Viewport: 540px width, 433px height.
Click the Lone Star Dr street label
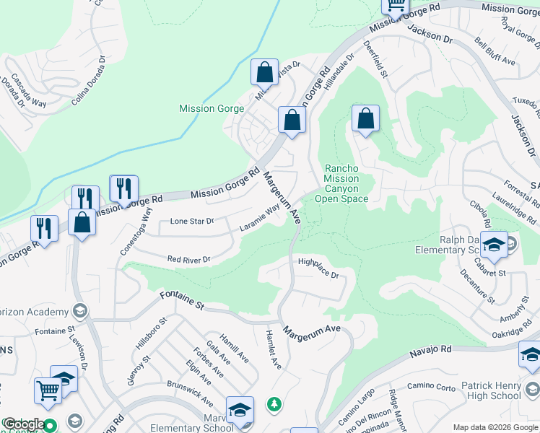coord(191,222)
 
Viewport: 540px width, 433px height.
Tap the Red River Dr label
coord(188,259)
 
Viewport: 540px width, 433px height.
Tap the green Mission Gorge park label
coord(212,109)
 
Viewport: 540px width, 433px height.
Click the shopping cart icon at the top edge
coord(395,6)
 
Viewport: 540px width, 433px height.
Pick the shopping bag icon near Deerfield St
coord(366,118)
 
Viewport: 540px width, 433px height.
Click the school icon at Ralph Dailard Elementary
coord(495,245)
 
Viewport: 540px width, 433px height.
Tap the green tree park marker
coord(274,403)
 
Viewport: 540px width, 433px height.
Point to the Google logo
coord(23,424)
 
